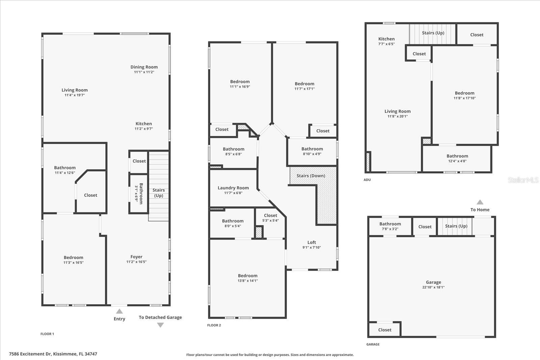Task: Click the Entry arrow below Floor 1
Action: [x=119, y=311]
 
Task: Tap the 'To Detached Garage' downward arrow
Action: [x=160, y=325]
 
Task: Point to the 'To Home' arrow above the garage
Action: [x=480, y=202]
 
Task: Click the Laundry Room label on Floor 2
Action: [x=233, y=188]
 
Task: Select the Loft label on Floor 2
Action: [x=312, y=242]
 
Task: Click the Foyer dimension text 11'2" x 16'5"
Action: [x=136, y=262]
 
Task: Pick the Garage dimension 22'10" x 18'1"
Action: [x=433, y=287]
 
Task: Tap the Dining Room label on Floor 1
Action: [x=144, y=67]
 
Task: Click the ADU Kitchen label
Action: [x=386, y=39]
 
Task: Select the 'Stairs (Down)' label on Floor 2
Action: [x=311, y=176]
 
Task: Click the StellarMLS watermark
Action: [x=523, y=180]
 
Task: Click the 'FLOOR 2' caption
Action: [x=214, y=325]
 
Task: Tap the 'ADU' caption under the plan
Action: [x=367, y=180]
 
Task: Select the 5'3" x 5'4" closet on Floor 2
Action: [x=270, y=218]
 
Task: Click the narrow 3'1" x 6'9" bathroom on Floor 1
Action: [x=139, y=193]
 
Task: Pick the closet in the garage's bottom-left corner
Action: [x=385, y=330]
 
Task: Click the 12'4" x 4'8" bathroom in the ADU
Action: [x=457, y=158]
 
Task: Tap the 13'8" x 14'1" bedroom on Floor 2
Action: [x=247, y=278]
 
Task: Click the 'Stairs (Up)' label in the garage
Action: [x=456, y=226]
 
